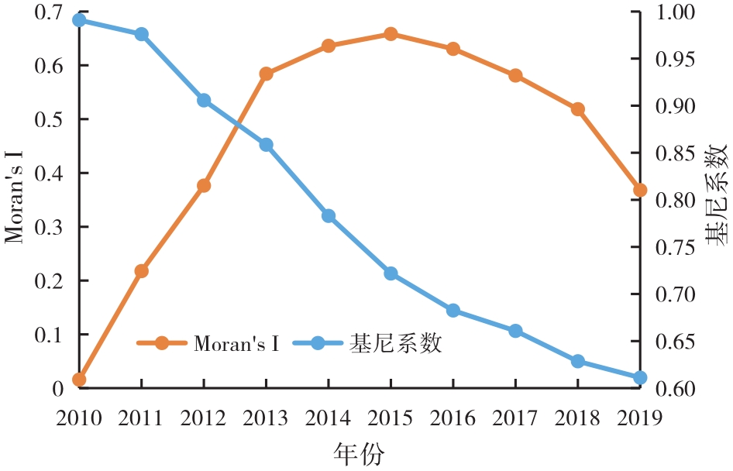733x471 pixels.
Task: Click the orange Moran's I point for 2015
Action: coord(391,34)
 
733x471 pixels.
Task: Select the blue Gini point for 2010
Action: coord(79,20)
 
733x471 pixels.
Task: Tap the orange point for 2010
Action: coord(79,380)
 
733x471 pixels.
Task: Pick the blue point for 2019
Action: coord(640,378)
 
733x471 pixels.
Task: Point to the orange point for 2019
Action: coord(640,191)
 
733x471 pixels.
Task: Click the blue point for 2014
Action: coord(329,216)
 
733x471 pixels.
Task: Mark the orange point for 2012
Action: coord(204,186)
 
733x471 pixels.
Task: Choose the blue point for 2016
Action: coord(453,311)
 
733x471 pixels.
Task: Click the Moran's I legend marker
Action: coord(161,342)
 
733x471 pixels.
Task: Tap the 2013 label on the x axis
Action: coord(266,418)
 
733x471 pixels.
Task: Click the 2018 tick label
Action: coord(577,418)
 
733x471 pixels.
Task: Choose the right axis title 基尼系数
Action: coord(718,194)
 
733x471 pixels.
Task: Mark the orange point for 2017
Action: coord(515,76)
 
